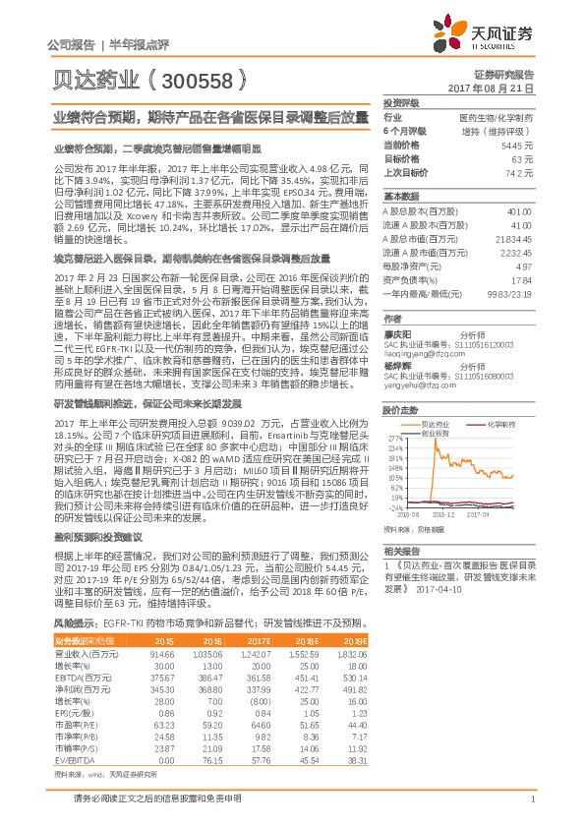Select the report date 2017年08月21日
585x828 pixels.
click(497, 89)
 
